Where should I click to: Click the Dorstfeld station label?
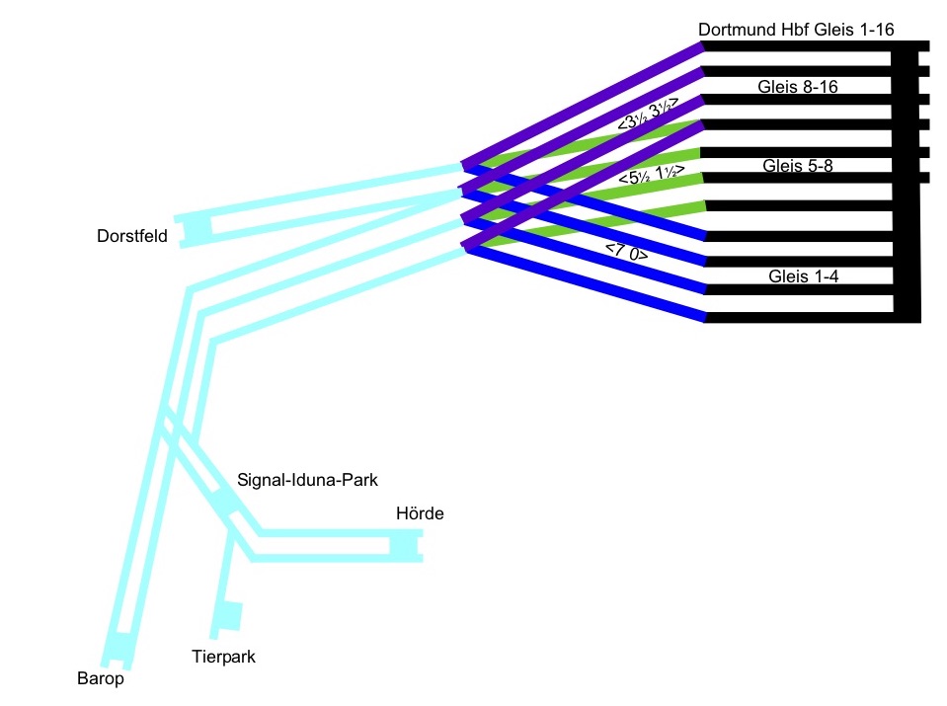[132, 236]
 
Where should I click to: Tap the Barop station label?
[101, 678]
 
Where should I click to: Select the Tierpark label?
[223, 656]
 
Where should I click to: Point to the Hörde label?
[420, 513]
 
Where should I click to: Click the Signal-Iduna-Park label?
[308, 480]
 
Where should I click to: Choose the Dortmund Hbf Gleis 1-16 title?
[796, 30]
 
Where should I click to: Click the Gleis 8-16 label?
[798, 87]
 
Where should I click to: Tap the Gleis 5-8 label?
[798, 166]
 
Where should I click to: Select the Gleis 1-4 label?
[803, 276]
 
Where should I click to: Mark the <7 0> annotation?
[627, 250]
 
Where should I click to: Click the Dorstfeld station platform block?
[196, 230]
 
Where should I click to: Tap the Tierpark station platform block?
[229, 616]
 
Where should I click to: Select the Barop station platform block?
[120, 647]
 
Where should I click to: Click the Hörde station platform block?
[405, 545]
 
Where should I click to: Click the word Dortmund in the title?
[734, 30]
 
